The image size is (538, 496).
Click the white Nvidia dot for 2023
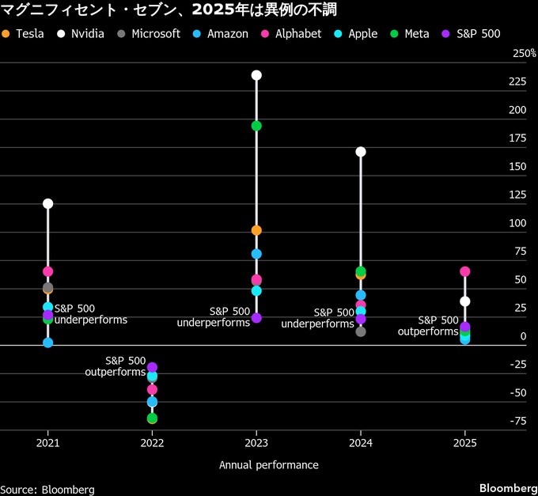[256, 75]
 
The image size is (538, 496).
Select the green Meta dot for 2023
[256, 126]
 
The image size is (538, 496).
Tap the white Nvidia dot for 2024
[361, 151]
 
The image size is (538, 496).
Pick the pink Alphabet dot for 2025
[465, 271]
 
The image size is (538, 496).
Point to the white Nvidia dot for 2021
[47, 203]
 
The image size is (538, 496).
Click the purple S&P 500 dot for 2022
[152, 367]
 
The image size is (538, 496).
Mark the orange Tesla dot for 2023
[256, 230]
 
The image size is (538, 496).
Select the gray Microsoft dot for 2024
[361, 331]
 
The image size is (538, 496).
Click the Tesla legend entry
[23, 34]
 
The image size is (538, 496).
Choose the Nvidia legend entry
[81, 34]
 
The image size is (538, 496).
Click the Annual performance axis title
[269, 465]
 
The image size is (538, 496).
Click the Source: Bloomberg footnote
[47, 490]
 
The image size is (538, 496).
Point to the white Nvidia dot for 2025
[465, 301]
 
